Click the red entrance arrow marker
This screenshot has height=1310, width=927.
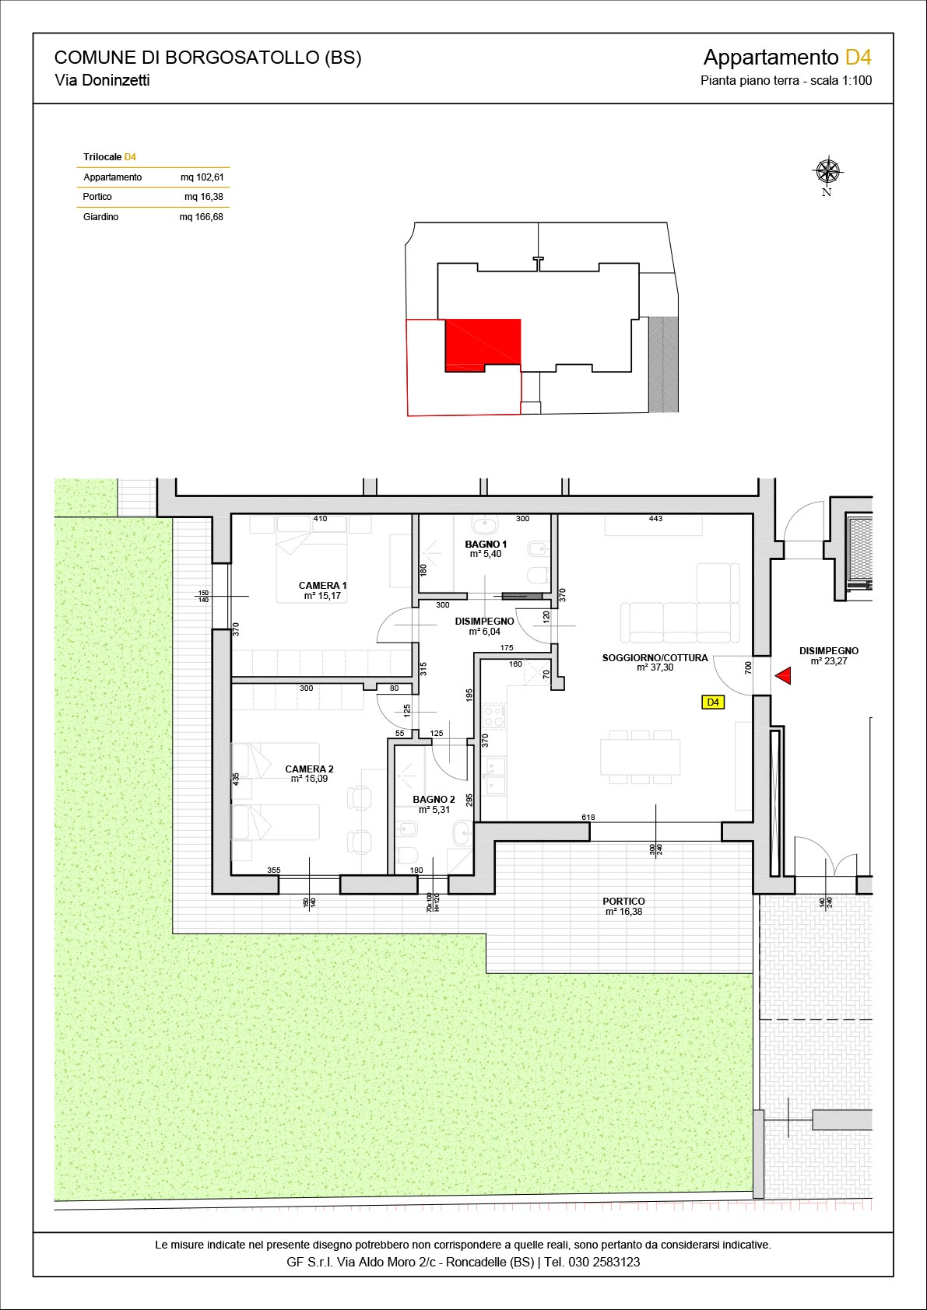pos(784,676)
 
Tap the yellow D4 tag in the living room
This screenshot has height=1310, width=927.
pos(713,702)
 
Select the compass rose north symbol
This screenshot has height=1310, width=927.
pos(827,176)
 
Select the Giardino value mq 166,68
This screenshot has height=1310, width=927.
pos(202,217)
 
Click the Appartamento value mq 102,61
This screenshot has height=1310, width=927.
pos(202,177)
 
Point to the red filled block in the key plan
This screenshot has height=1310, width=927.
pos(483,345)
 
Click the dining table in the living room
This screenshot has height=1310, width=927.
pos(641,757)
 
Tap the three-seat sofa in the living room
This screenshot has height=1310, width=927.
pos(679,623)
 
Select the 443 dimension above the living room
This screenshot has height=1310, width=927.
pos(655,519)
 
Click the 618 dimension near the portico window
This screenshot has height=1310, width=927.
pos(588,818)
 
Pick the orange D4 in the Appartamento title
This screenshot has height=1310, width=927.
pos(859,58)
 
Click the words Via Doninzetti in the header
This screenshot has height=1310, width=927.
pos(103,80)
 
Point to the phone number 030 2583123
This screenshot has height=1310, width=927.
pos(604,1262)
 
